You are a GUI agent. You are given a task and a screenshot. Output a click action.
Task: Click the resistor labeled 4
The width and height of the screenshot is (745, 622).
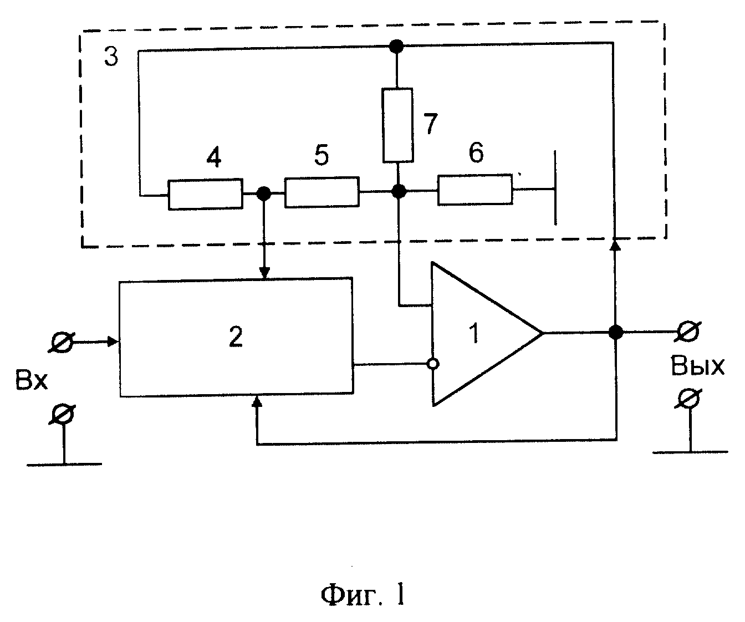[206, 194]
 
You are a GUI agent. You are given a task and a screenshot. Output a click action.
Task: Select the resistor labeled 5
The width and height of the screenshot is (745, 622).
[322, 192]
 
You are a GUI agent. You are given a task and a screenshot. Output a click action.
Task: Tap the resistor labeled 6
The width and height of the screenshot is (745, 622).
[475, 190]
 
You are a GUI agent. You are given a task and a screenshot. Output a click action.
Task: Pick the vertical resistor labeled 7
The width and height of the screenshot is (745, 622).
[398, 125]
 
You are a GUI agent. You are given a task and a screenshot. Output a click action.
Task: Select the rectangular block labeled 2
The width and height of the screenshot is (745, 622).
[236, 337]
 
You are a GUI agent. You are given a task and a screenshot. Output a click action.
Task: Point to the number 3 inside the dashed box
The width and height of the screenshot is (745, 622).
[111, 57]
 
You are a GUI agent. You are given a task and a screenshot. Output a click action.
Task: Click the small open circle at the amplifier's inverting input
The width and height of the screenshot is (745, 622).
[433, 364]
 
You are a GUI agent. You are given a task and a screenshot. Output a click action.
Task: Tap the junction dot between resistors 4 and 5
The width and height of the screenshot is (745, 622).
[264, 194]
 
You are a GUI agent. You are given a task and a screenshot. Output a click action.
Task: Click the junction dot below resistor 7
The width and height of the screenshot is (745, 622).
[399, 191]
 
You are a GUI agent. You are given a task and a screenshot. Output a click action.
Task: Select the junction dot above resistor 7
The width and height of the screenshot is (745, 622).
[396, 46]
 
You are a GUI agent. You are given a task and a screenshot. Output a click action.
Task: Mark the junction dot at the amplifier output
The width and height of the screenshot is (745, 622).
[615, 332]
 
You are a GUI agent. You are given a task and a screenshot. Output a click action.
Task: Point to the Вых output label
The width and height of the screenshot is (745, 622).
[697, 366]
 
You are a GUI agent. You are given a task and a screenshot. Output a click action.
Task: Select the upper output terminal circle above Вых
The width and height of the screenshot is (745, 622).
[688, 332]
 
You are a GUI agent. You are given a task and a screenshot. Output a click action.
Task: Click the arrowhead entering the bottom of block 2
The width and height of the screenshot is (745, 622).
[257, 401]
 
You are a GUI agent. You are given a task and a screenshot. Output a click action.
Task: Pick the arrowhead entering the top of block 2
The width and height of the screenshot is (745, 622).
[264, 273]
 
